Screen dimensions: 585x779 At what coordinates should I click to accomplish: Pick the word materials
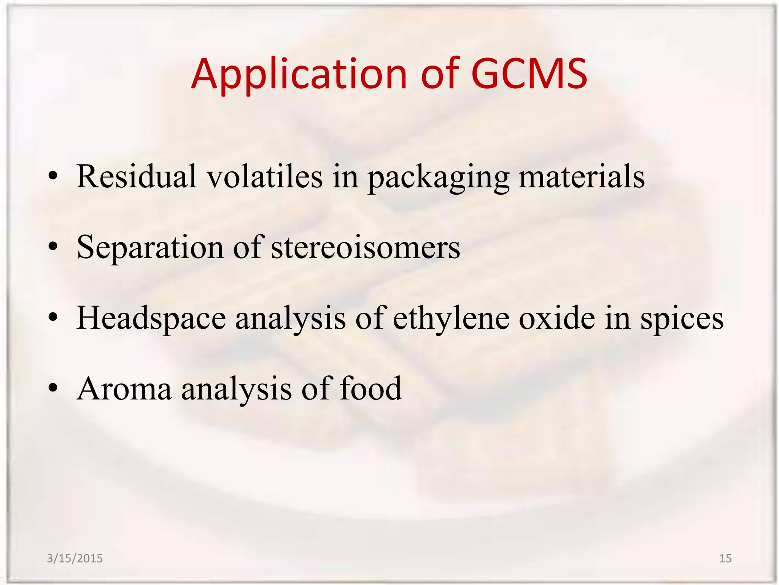pyautogui.click(x=582, y=176)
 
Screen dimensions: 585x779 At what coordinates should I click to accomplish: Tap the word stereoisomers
pyautogui.click(x=365, y=248)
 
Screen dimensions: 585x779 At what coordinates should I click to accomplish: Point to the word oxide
pyautogui.click(x=557, y=318)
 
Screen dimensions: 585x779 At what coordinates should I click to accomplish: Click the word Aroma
pyautogui.click(x=124, y=389)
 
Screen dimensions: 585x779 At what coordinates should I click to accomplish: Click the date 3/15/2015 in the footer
pyautogui.click(x=75, y=558)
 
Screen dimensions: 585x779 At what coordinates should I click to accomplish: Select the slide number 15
pyautogui.click(x=725, y=558)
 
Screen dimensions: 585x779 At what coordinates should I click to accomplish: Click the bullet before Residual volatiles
pyautogui.click(x=53, y=176)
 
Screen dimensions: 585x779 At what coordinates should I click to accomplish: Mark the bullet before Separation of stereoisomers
pyautogui.click(x=53, y=247)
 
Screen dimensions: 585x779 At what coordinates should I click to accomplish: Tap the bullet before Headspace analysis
pyautogui.click(x=53, y=318)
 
